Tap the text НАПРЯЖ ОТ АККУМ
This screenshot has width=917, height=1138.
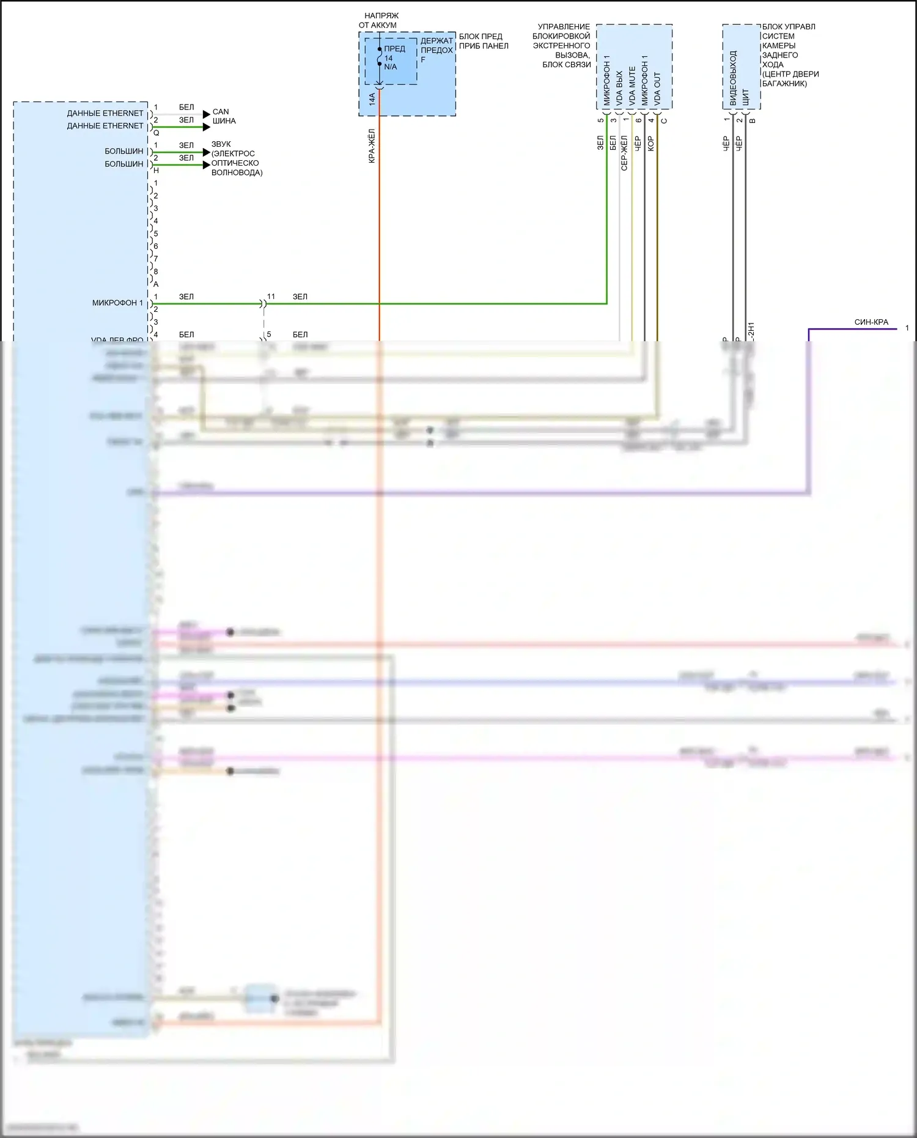379,20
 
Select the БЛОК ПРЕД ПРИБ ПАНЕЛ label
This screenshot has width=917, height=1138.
483,41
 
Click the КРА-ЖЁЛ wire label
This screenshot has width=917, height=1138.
372,146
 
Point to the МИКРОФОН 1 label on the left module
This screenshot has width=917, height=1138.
117,303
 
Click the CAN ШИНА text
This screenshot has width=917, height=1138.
223,116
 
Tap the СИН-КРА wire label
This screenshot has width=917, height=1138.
871,322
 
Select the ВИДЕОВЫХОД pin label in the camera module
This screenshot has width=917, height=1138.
733,78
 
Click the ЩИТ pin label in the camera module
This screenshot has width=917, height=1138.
745,97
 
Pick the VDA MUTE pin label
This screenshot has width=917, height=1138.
632,86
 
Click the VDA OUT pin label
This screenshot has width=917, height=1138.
657,89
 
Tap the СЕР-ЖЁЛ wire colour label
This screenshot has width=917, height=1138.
624,153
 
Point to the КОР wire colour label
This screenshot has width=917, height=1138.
650,144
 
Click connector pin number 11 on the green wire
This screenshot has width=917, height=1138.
271,297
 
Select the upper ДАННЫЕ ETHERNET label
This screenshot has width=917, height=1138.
105,113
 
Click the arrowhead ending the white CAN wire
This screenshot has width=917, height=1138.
207,114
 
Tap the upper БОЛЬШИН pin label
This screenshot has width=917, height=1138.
124,151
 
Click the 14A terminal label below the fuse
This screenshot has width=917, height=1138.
372,98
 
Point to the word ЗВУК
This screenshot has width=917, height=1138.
221,144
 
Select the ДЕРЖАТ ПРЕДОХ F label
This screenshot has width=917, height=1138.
436,50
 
